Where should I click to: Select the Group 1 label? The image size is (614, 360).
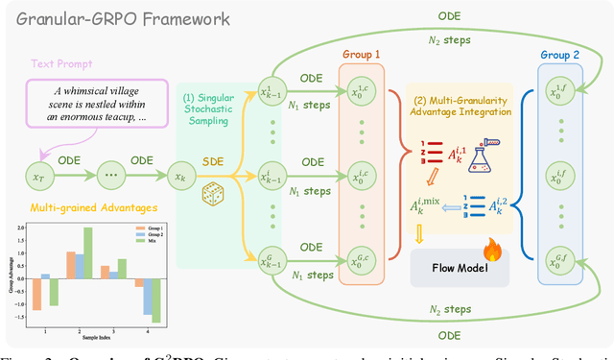pyautogui.click(x=362, y=56)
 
